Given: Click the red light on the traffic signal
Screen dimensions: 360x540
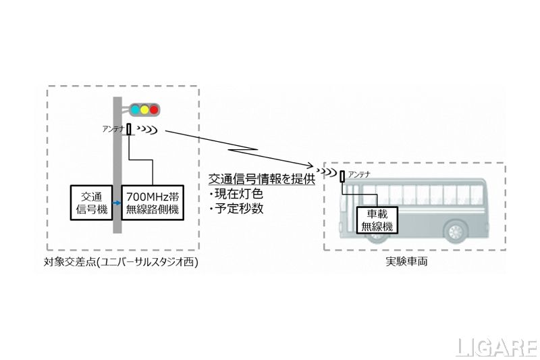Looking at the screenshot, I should (154, 109).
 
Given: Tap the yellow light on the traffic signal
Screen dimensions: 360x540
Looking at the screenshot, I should (144, 109).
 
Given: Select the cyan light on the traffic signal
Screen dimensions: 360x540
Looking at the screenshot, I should (134, 109).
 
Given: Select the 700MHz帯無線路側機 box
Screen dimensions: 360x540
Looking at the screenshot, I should (153, 201).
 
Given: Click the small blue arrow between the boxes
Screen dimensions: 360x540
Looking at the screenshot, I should (117, 201).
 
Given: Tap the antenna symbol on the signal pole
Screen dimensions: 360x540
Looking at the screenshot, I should (129, 129).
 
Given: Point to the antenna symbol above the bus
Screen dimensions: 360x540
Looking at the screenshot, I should (342, 178).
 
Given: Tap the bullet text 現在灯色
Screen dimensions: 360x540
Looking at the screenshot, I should (238, 195).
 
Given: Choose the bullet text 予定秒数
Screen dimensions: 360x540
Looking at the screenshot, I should (238, 209).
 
